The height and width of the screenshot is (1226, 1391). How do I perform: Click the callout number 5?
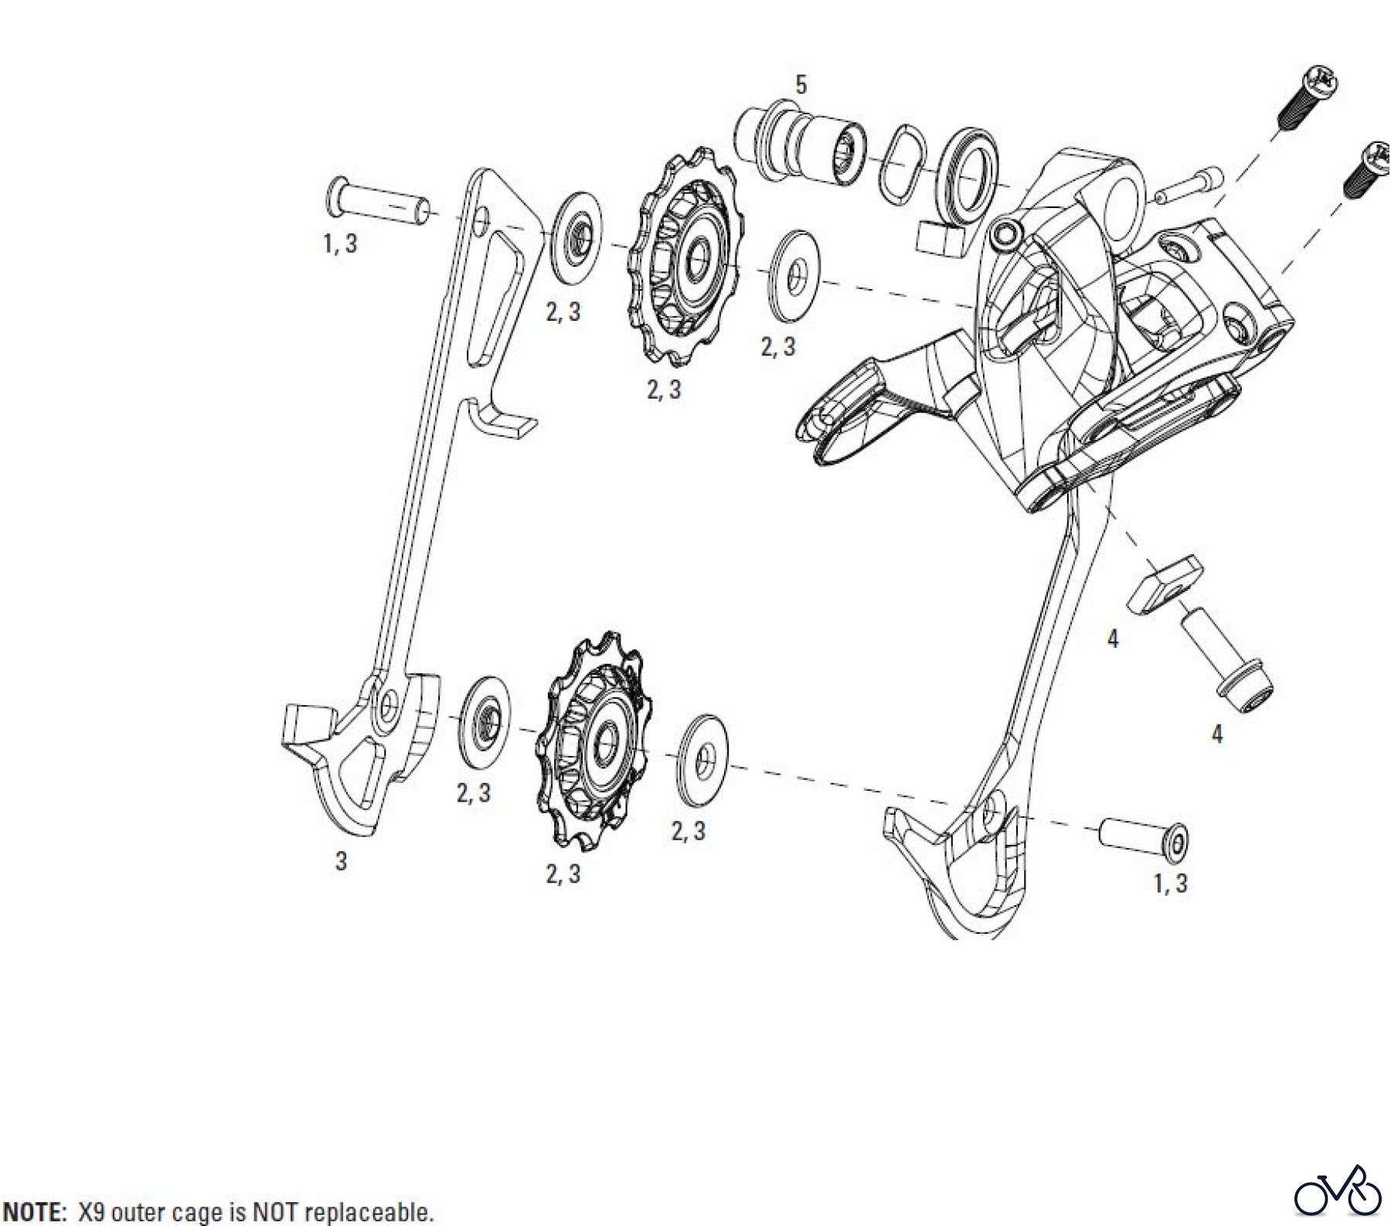point(801,85)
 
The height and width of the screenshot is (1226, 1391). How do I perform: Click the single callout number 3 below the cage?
point(341,861)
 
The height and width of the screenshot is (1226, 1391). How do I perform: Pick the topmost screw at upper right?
point(1310,99)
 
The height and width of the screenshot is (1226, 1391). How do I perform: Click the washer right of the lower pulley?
point(702,758)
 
